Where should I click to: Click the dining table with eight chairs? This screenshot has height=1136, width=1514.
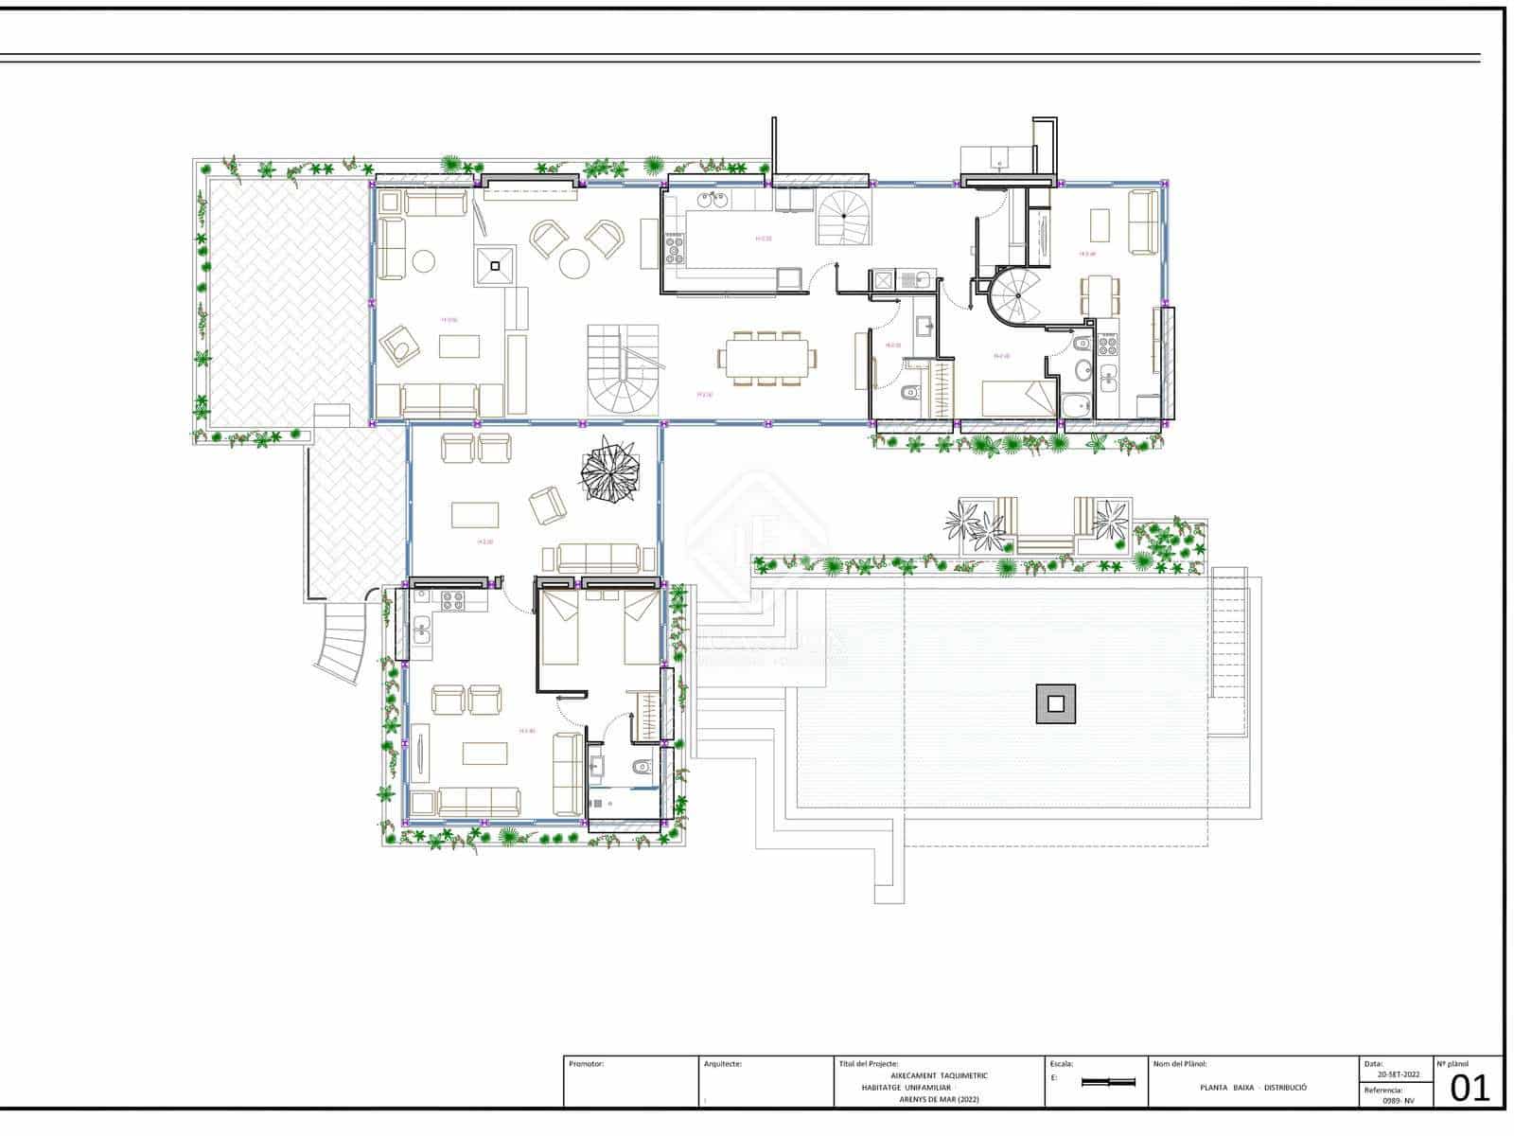pos(766,358)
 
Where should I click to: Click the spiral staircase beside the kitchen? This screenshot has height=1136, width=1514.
pos(841,218)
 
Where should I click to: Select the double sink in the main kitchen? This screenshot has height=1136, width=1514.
pos(711,200)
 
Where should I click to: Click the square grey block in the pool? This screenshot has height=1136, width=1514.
pos(1055,703)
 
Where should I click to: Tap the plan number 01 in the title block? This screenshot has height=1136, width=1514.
pos(1470,1089)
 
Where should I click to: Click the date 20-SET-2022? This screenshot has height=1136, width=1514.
pos(1398,1075)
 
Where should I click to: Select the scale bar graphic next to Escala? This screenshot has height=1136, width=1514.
pos(1107,1082)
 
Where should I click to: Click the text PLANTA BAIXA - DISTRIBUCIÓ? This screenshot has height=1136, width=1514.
pos(1253,1088)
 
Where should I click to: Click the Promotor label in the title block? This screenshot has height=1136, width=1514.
pos(587,1064)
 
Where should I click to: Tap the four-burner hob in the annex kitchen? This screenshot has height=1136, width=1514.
pos(449,597)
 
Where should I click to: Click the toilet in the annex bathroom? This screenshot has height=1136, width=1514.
pos(642,766)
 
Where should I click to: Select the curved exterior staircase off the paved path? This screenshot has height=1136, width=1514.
pos(343,641)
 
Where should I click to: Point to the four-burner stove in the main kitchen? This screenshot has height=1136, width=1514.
pos(675,249)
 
